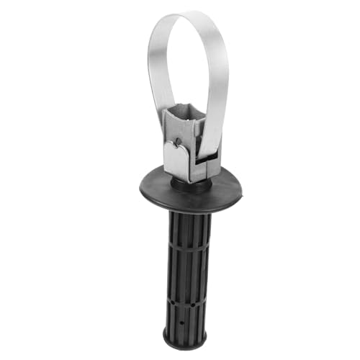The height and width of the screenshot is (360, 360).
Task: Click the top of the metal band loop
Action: [189, 17]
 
